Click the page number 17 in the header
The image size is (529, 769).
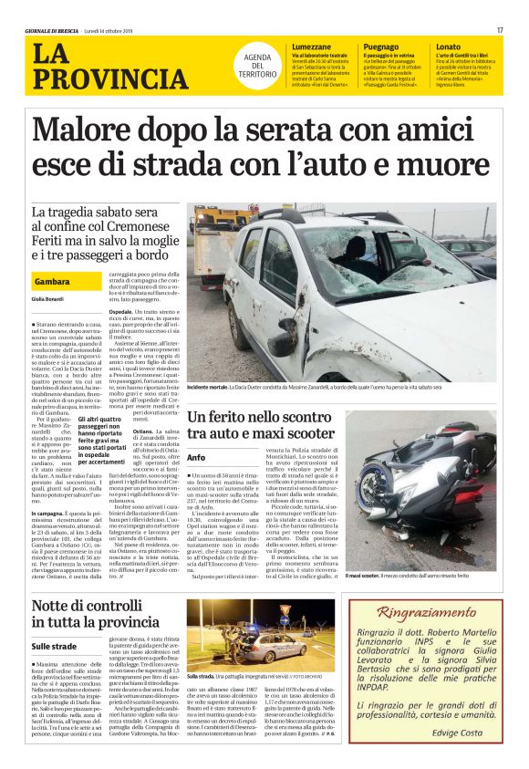pyautogui.click(x=500, y=30)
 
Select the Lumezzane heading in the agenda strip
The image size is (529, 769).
pyautogui.click(x=312, y=46)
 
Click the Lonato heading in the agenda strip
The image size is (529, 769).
pyautogui.click(x=449, y=46)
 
